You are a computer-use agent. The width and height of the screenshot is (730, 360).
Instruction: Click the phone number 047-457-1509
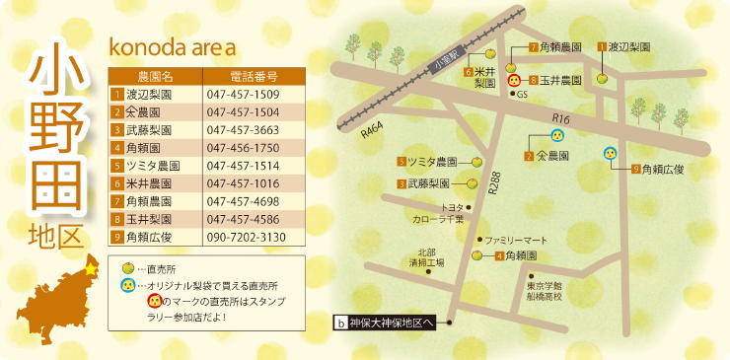pos(244,94)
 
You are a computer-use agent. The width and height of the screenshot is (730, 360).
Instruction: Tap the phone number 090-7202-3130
pos(246,238)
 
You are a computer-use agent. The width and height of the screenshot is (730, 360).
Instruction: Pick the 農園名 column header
pos(154,75)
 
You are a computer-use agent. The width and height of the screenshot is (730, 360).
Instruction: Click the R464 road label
pos(371,128)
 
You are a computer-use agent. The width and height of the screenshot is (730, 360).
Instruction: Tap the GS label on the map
pos(523,95)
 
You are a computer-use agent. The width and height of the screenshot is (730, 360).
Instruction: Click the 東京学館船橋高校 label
pos(542,291)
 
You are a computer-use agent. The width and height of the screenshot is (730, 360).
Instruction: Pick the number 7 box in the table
pos(116,201)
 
